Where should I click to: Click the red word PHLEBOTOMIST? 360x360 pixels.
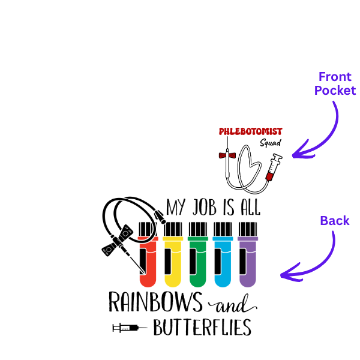250,131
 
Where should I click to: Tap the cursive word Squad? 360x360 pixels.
271,143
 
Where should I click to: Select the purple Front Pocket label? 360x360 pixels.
335,83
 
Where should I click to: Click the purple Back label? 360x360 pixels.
335,221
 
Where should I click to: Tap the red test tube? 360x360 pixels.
148,254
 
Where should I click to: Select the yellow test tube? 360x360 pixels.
173,254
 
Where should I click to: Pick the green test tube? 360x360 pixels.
198,254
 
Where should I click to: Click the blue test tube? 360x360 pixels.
223,254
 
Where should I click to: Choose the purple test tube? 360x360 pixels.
248,254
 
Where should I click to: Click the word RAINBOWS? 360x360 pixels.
155,302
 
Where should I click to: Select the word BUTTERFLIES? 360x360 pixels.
202,328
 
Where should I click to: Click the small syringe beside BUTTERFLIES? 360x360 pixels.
130,328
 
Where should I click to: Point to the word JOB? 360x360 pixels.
205,207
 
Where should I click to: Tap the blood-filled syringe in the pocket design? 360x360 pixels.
274,167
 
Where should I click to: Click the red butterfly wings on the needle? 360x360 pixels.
227,155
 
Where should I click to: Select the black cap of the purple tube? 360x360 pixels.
248,229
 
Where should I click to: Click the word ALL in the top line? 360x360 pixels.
250,207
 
